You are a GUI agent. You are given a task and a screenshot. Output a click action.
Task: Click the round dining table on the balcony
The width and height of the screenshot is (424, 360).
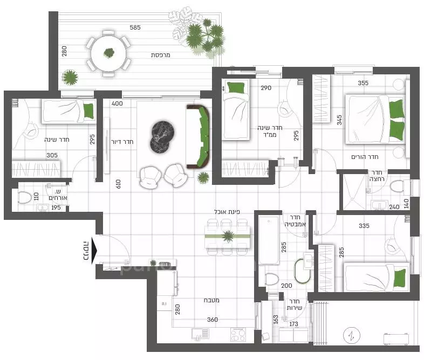(110, 53)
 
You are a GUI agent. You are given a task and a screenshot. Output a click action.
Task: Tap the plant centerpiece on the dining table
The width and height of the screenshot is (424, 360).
(228, 236)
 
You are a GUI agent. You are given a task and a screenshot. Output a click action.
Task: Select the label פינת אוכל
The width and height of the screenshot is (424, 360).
(230, 213)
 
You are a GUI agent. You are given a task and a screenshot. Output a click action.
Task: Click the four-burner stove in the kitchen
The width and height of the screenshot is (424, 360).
(238, 335)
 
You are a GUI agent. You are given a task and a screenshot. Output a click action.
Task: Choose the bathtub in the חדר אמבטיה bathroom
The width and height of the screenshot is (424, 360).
(268, 240)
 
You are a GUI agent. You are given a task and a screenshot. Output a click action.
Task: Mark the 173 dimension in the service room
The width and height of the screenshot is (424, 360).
(293, 324)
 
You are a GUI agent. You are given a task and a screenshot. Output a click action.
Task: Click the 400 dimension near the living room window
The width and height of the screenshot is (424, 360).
(117, 103)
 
